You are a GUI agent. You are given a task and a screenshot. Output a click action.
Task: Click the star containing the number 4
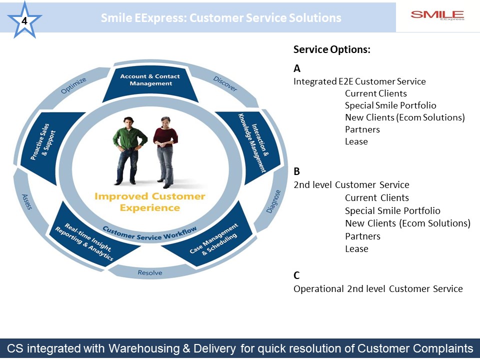point(24,20)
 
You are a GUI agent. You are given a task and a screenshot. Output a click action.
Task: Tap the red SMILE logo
point(437,15)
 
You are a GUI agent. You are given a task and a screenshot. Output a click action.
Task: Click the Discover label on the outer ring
point(225,83)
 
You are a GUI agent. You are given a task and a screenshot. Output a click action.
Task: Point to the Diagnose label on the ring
point(273,201)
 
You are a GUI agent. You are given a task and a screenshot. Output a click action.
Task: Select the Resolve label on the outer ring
point(150,272)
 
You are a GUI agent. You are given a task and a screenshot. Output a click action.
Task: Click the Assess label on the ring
point(27,201)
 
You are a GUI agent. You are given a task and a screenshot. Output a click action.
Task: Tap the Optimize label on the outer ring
point(73,85)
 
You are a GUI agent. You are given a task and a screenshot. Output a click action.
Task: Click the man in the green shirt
point(129,150)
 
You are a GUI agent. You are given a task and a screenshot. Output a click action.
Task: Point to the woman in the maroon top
point(165,152)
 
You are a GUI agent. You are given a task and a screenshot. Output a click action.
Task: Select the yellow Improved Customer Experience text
point(149,202)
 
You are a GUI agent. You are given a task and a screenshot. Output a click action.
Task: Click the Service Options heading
point(332,49)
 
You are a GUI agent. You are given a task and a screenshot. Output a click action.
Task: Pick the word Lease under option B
point(356,249)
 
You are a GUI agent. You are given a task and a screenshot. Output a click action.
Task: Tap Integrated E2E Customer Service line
point(359,81)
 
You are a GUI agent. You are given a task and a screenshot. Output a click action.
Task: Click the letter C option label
point(296,275)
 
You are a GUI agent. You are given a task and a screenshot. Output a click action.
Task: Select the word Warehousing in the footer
point(144,348)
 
